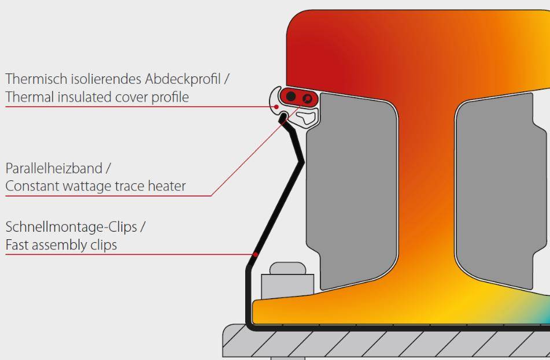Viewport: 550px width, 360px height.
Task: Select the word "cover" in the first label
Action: click(x=130, y=97)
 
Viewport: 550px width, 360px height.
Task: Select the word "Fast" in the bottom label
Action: click(x=17, y=245)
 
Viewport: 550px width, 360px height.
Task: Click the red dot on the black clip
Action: click(x=254, y=254)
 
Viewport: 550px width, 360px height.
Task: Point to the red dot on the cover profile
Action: click(x=278, y=106)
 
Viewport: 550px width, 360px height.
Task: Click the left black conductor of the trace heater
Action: click(x=291, y=96)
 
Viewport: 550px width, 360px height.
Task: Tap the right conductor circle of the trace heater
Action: click(x=307, y=98)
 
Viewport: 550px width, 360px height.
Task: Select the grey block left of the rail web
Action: click(x=353, y=191)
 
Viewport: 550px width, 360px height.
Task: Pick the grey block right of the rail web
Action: click(x=497, y=191)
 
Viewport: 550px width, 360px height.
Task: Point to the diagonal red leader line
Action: click(x=254, y=150)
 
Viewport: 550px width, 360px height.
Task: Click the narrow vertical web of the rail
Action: click(x=426, y=191)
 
